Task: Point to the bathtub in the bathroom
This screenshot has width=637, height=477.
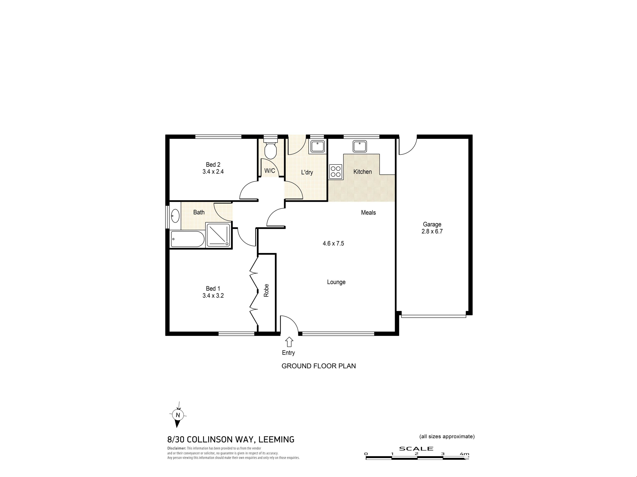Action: [187, 239]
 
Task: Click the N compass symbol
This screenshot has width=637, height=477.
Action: [178, 415]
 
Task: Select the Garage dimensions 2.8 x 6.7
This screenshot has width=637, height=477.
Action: [432, 231]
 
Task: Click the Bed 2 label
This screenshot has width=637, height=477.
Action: [213, 164]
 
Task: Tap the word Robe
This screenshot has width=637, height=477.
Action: [266, 290]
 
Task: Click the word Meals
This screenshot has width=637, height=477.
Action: [368, 212]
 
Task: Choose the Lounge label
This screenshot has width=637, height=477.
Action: [336, 282]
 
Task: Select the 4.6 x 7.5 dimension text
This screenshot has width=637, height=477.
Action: [333, 243]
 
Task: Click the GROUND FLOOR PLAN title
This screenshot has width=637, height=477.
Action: [318, 366]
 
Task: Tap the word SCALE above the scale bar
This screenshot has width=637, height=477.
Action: [416, 449]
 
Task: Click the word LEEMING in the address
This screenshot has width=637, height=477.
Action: [277, 439]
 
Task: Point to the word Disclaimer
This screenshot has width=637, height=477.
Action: [177, 448]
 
